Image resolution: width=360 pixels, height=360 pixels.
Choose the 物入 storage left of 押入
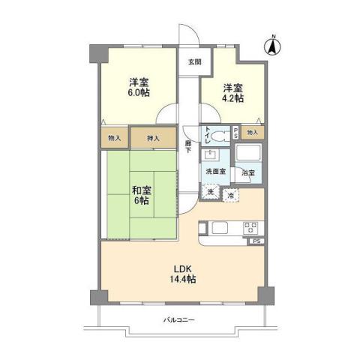[114, 138]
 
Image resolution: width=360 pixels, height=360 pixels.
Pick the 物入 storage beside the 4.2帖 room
[253, 133]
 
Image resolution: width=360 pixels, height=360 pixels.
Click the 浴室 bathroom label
[248, 172]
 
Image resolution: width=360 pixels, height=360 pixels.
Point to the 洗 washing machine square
[211, 191]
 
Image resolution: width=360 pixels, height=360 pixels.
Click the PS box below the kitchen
[256, 242]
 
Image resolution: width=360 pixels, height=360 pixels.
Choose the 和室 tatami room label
[142, 190]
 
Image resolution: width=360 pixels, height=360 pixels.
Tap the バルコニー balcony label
[179, 320]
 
